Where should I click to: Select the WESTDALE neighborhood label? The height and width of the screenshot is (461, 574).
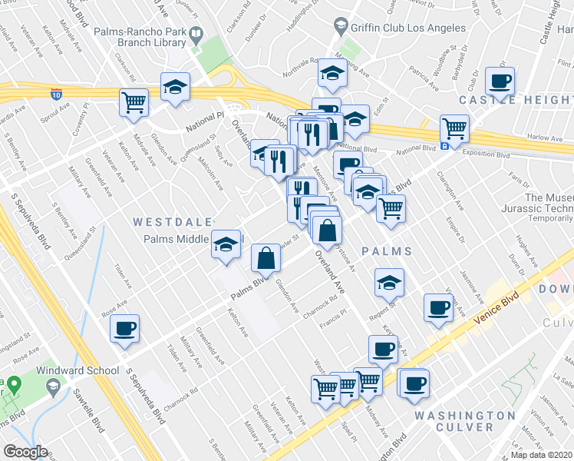click(172, 222)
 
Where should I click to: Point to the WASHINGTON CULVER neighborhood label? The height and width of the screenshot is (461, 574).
click(463, 421)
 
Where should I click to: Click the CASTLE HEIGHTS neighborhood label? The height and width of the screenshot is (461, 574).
click(516, 101)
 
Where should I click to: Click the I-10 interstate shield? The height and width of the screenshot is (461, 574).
click(57, 95)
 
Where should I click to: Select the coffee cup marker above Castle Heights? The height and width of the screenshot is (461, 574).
click(500, 82)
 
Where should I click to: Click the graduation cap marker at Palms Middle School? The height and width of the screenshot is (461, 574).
click(226, 245)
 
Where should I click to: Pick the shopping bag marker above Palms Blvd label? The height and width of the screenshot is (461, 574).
click(266, 259)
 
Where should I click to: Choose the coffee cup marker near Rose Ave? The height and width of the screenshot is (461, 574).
click(124, 329)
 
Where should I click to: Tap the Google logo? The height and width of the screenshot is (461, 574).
click(26, 452)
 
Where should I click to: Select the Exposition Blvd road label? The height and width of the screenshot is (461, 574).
click(487, 154)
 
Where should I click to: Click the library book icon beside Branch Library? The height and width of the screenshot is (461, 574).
click(196, 34)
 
